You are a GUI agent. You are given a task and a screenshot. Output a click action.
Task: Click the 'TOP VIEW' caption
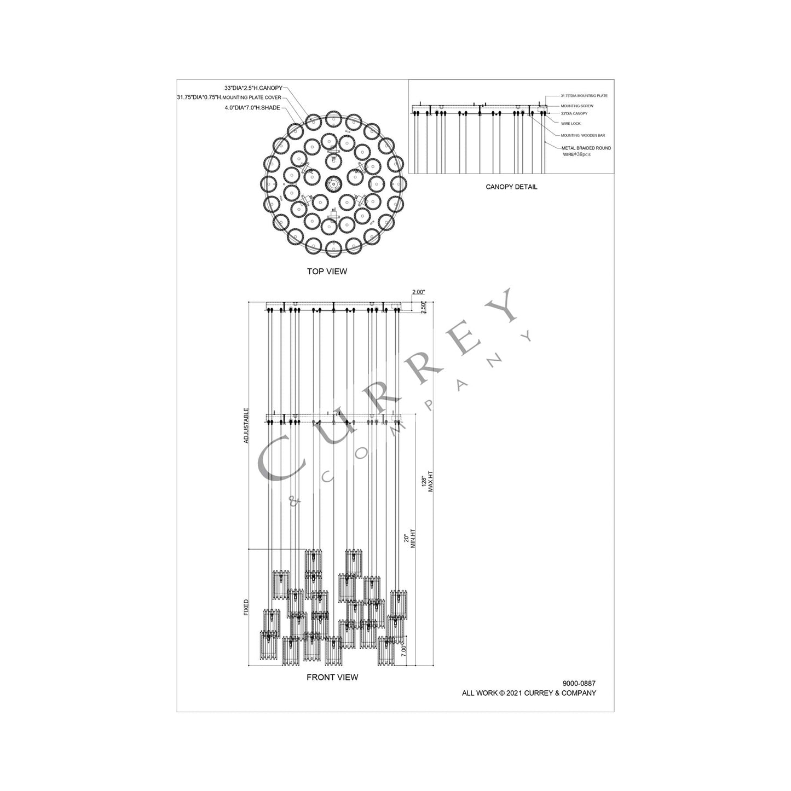[326, 271]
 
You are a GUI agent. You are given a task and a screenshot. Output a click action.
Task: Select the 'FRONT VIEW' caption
[332, 677]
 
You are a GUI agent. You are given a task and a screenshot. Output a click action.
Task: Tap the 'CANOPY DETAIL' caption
[511, 187]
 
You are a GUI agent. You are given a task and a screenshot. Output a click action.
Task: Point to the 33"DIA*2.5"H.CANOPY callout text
[253, 88]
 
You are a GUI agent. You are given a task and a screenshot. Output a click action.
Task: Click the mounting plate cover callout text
[229, 97]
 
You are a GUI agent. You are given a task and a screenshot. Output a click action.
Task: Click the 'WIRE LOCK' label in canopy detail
[570, 124]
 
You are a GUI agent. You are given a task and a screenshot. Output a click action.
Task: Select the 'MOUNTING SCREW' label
[576, 106]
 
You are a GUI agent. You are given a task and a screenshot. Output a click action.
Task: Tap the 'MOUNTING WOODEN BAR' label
[582, 135]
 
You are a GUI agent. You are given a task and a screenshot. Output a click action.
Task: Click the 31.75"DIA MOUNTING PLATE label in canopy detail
[584, 96]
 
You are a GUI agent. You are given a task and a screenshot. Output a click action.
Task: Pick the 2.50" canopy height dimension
[423, 307]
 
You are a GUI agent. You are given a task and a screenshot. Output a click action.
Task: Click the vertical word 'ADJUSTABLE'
[246, 425]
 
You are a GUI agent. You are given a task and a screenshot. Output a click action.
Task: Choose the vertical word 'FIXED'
[246, 607]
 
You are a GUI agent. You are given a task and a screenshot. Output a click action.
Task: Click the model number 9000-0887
[579, 683]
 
